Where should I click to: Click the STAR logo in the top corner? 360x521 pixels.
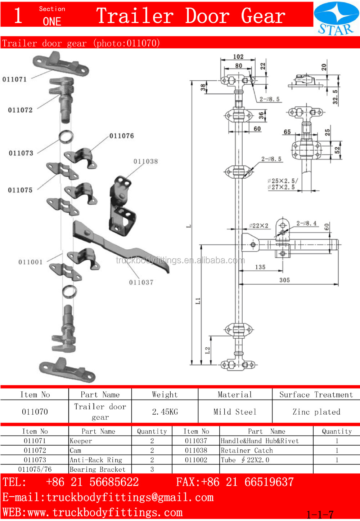pos(336,19)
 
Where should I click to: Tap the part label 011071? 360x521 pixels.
pos(14,79)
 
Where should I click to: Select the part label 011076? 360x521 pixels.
pos(121,136)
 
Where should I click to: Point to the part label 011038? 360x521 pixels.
pos(145,161)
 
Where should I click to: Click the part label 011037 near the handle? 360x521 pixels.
pos(141,282)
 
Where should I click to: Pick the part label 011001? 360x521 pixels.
pos(30,262)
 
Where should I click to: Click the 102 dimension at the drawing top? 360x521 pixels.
pos(238,57)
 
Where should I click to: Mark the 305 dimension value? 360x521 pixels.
pos(284,280)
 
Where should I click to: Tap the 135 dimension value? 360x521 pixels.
pos(260,267)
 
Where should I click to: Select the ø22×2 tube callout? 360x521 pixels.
pos(259,226)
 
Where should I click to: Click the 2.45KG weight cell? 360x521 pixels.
pos(165,412)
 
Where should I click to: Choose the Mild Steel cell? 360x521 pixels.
pos(235,412)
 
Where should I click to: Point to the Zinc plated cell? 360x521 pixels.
pos(316,412)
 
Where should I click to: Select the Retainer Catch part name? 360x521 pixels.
pos(247,450)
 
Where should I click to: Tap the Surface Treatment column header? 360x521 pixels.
pos(316,395)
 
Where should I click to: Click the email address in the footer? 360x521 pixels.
pos(108,498)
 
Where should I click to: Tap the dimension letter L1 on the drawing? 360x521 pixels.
pos(198,300)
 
